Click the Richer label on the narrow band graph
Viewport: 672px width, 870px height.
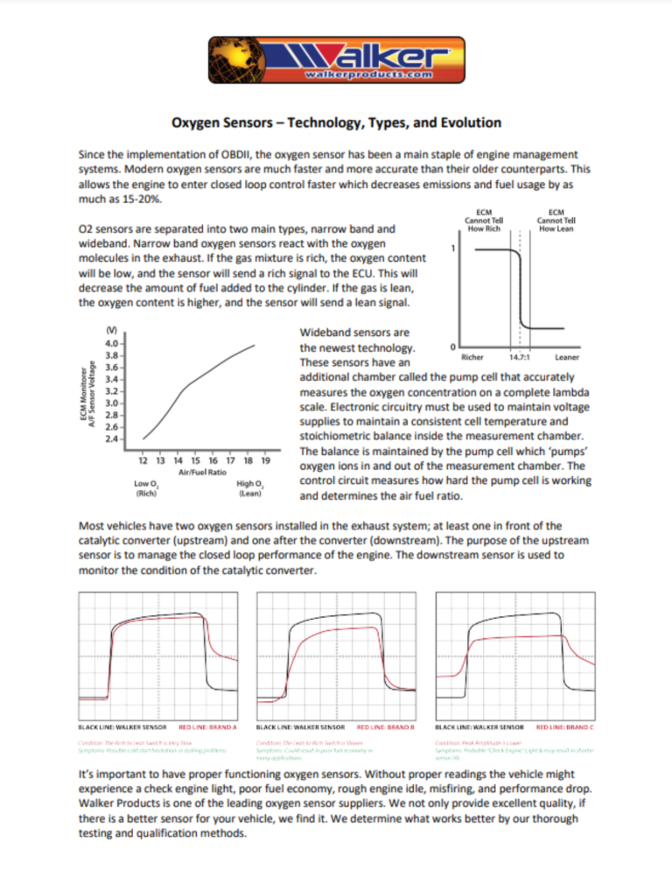(x=472, y=356)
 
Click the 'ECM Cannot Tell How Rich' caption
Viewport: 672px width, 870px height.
(x=482, y=220)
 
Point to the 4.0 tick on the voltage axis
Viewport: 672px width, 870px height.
(x=113, y=345)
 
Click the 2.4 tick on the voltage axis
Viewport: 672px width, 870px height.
(x=113, y=439)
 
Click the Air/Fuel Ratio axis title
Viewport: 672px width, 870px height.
(x=203, y=472)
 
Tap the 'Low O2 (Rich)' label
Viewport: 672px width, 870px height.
(x=146, y=488)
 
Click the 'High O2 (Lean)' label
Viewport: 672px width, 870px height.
(x=248, y=488)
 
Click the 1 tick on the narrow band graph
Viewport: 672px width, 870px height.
(x=451, y=249)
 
